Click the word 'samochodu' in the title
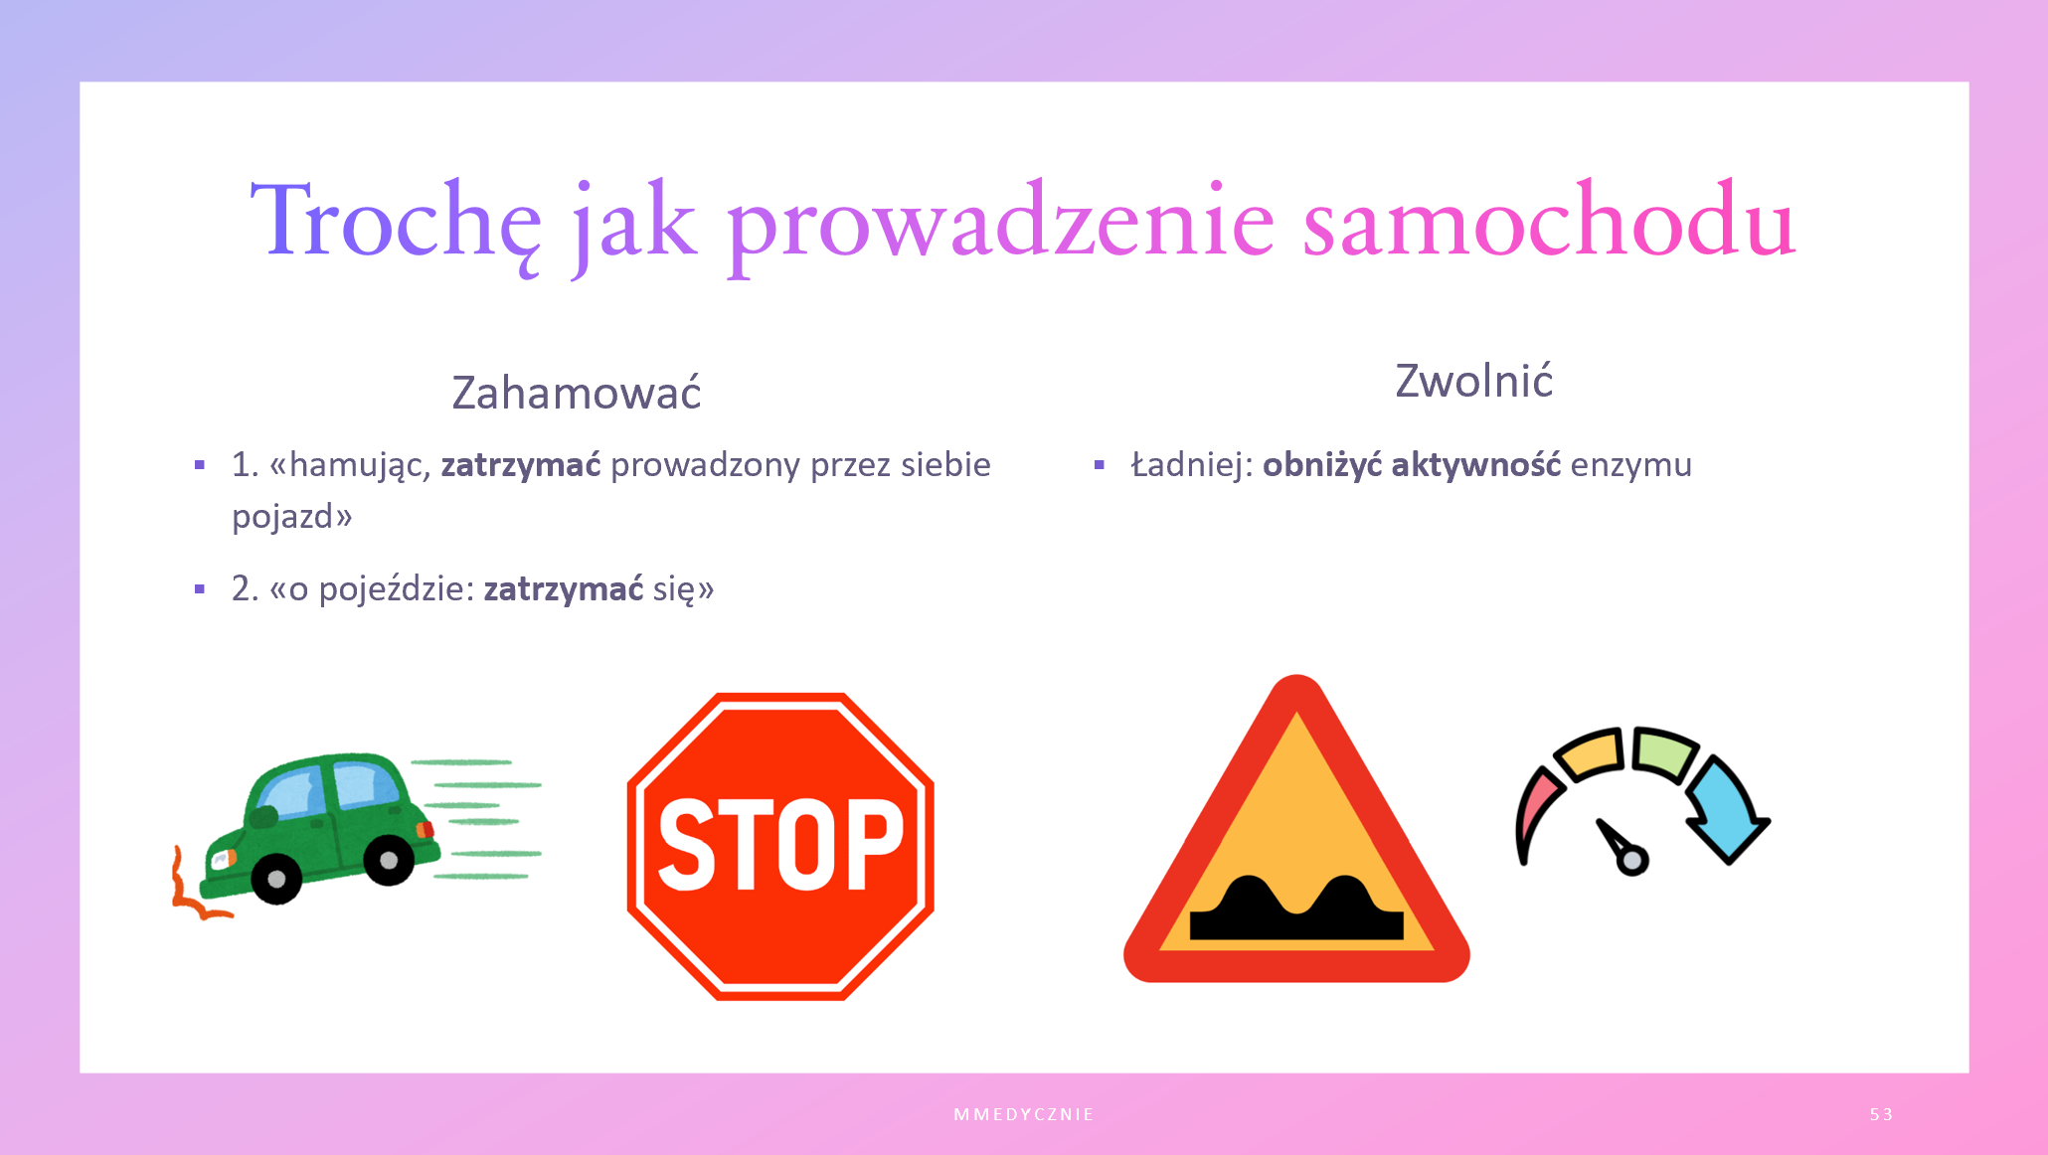pyautogui.click(x=1549, y=220)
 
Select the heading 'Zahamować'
pyautogui.click(x=577, y=392)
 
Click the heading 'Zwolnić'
pyautogui.click(x=1473, y=380)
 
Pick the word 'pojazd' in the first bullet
pyautogui.click(x=282, y=517)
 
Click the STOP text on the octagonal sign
pyautogui.click(x=780, y=845)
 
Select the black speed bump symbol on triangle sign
pyautogui.click(x=1296, y=908)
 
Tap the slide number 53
pyautogui.click(x=1881, y=1114)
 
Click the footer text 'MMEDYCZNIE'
pyautogui.click(x=1024, y=1114)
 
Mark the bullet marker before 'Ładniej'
pyautogui.click(x=1099, y=464)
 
